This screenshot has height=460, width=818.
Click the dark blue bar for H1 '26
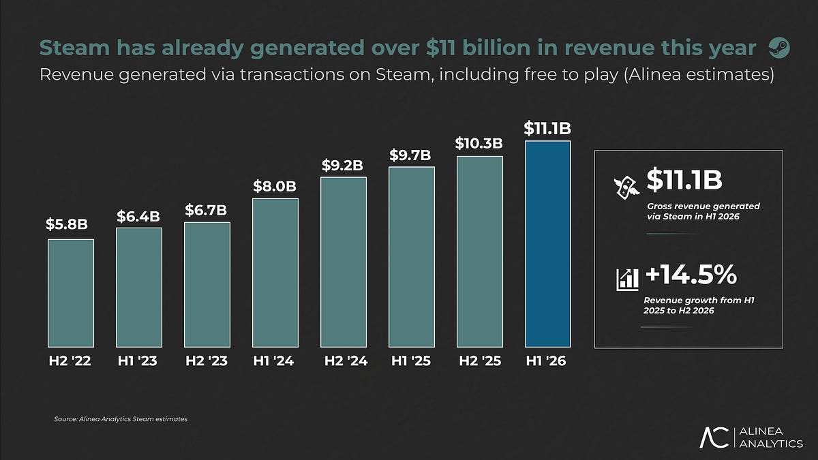point(548,244)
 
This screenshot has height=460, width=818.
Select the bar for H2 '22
point(71,293)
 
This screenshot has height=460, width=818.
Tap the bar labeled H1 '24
point(275,273)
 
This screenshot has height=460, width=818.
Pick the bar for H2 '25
point(480,251)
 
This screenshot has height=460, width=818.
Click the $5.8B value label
point(67,224)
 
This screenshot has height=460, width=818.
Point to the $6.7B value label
point(206,210)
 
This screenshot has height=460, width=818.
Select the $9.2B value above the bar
point(342,166)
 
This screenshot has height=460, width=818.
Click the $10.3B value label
point(479,143)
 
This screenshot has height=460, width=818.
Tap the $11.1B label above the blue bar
point(547,128)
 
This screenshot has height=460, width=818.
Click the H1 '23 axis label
point(137,361)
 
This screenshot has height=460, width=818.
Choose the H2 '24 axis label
point(346,361)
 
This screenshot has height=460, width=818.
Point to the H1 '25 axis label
point(411,361)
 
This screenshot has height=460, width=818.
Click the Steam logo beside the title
point(779,48)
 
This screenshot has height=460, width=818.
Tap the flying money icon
point(626,187)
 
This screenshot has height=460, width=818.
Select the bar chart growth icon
point(627,280)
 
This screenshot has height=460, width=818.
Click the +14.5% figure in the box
point(691,275)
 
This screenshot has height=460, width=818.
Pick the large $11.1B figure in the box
point(684,180)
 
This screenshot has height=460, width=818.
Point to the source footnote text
point(121,419)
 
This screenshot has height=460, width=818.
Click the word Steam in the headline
point(74,48)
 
